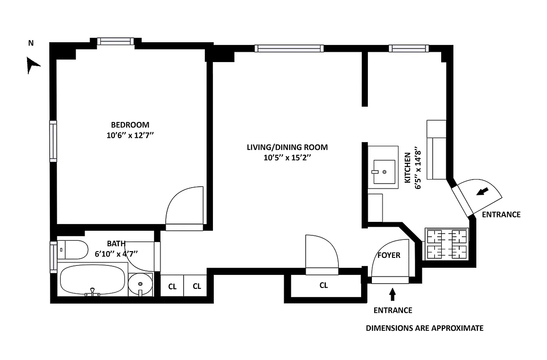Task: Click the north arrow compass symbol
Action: [x=32, y=65]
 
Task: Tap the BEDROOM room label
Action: [x=130, y=125]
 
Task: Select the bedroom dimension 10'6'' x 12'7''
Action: [x=130, y=135]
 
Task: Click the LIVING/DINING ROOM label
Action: [x=287, y=147]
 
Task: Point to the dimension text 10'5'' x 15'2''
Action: [x=287, y=158]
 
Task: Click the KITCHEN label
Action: [x=407, y=168]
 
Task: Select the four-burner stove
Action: [x=447, y=244]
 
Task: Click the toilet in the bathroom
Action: [x=73, y=250]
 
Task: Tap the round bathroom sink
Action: [x=140, y=284]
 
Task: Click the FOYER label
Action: [x=389, y=255]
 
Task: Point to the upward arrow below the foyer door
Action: [x=392, y=294]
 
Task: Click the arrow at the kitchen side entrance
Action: [x=482, y=192]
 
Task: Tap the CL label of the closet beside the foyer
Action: [x=323, y=285]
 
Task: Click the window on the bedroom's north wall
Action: [x=116, y=41]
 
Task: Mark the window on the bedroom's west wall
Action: [x=53, y=141]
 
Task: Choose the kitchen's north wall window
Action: [x=407, y=48]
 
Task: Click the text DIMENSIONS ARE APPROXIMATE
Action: [x=424, y=328]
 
